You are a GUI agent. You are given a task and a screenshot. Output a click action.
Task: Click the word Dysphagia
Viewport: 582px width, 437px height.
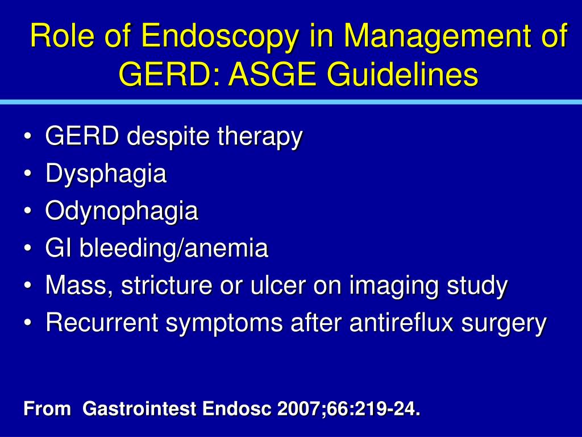(x=106, y=174)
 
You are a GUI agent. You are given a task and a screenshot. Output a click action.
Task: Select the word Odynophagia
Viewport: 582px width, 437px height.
(x=122, y=211)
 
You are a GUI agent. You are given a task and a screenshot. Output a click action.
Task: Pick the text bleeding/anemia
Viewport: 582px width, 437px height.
(x=173, y=249)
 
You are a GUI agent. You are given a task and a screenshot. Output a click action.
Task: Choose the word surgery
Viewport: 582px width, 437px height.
(x=504, y=324)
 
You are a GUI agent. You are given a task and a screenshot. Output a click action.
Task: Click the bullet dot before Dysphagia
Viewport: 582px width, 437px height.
(x=28, y=175)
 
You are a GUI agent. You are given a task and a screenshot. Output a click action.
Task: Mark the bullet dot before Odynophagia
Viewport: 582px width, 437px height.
(x=28, y=212)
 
